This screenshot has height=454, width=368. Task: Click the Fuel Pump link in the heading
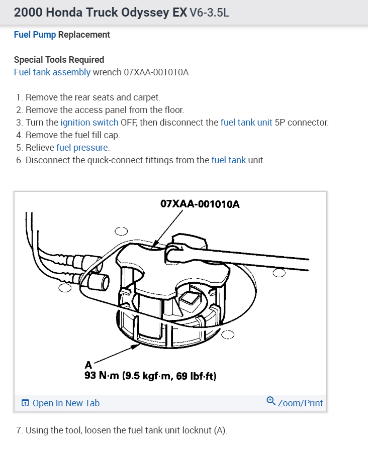35,35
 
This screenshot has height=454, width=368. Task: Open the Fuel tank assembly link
52,72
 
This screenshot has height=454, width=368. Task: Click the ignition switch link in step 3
89,122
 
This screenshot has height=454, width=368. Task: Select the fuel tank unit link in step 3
246,122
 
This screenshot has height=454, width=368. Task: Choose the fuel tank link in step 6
229,160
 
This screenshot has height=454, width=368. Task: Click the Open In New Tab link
66,403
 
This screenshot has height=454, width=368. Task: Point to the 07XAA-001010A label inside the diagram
200,204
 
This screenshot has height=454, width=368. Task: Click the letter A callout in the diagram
88,365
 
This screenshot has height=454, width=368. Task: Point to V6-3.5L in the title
209,13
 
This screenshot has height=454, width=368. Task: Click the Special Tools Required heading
59,60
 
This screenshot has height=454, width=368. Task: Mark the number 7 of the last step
19,430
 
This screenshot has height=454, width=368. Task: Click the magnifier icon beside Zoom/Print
270,401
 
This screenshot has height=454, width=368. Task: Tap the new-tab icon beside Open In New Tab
25,403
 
